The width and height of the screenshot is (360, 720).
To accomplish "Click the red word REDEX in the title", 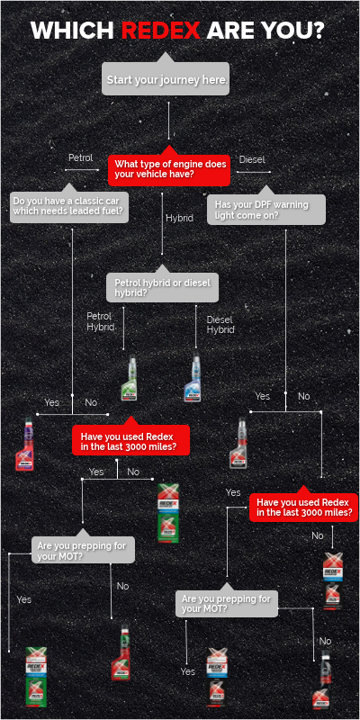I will [161, 31].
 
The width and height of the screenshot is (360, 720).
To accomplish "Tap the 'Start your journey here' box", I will [166, 80].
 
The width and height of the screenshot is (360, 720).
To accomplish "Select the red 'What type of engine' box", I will [169, 168].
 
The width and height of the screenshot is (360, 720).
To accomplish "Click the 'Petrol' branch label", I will [81, 158].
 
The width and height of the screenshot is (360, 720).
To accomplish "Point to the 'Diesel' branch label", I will [252, 159].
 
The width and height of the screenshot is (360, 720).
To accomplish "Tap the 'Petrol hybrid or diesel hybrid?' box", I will [163, 287].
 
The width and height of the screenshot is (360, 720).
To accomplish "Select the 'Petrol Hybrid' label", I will [100, 321].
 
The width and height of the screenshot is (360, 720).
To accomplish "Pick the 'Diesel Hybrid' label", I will [220, 325].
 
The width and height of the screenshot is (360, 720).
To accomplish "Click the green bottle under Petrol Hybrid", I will [130, 378].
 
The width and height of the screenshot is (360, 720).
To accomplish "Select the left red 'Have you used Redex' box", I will [130, 440].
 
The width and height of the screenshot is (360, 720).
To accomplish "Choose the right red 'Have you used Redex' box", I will [303, 507].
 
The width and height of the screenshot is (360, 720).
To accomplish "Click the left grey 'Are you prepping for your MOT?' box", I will [85, 550].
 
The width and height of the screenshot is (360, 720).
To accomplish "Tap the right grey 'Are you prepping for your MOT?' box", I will [226, 603].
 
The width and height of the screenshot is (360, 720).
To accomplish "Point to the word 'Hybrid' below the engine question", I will [179, 218].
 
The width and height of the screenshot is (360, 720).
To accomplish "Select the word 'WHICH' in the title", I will [73, 31].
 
